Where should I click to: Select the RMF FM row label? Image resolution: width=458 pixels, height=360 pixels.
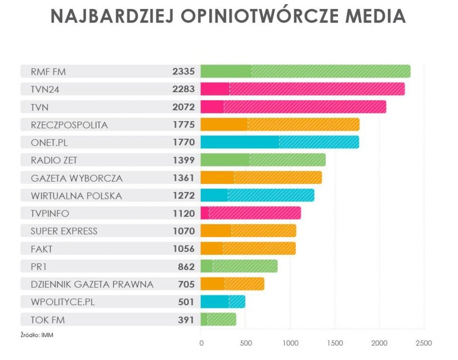click(48, 71)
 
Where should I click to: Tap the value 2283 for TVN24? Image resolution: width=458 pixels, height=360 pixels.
click(183, 89)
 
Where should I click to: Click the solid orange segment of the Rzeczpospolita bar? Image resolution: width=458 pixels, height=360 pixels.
click(224, 125)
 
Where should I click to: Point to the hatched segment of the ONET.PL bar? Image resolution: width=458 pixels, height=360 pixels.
click(319, 142)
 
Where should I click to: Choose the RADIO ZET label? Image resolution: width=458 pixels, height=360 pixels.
click(55, 160)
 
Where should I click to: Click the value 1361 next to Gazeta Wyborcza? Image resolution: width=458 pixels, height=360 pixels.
click(183, 178)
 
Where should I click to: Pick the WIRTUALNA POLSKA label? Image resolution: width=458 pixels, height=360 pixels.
click(76, 195)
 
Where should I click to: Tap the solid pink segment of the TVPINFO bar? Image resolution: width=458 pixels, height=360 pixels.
click(205, 213)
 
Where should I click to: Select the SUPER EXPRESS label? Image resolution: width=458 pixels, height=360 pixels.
click(64, 231)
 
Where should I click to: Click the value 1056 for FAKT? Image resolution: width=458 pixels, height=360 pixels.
click(183, 248)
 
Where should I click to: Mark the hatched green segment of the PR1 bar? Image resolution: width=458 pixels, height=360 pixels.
click(245, 266)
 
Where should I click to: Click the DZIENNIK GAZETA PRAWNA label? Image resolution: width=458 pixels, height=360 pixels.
click(92, 284)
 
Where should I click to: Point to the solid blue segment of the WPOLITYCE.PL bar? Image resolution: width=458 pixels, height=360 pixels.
click(215, 302)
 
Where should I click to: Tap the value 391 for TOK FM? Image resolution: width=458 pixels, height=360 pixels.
click(186, 319)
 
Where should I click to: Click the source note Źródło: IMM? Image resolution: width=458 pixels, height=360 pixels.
click(37, 335)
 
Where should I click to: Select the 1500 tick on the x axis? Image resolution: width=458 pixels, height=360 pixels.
click(335, 343)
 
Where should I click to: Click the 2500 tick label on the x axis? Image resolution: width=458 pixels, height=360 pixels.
click(423, 343)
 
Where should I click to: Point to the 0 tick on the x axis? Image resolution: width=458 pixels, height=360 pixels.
click(201, 343)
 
